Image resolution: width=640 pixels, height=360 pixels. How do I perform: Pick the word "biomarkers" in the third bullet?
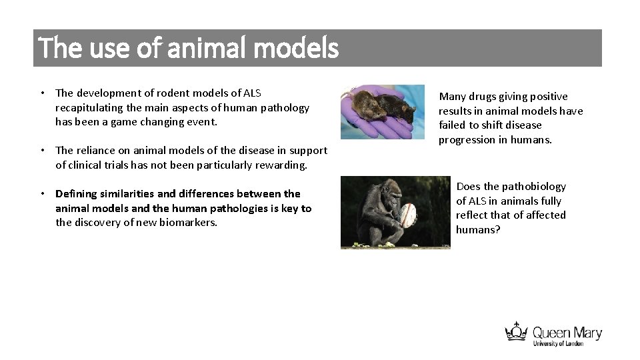click(187, 223)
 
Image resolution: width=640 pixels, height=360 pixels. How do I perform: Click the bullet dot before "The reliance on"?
click(42, 151)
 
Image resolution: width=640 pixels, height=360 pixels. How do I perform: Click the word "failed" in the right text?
click(453, 125)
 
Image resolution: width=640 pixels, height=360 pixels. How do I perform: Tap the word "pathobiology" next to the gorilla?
click(534, 187)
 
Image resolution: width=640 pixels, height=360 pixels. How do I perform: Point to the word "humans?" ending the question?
click(478, 230)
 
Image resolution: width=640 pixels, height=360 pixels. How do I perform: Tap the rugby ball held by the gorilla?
click(406, 214)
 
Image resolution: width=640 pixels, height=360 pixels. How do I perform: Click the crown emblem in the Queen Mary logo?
click(516, 332)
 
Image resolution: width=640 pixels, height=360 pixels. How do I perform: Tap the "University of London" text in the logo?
click(558, 343)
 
